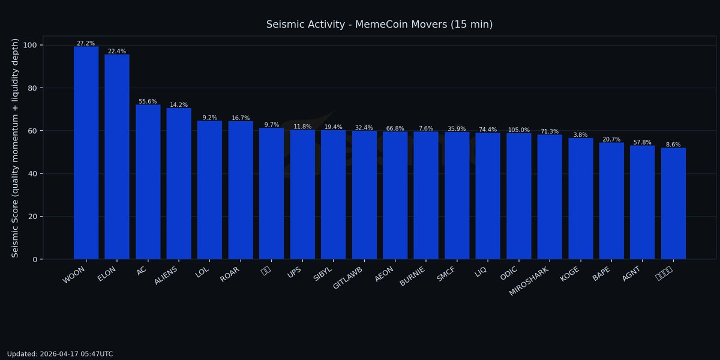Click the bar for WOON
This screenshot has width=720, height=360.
tap(86, 153)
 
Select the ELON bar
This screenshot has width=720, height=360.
tap(117, 157)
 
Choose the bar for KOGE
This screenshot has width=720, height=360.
tap(580, 199)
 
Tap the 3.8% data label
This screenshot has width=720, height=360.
tap(580, 135)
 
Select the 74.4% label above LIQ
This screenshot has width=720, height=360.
tap(488, 130)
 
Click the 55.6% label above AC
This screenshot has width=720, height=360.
tap(148, 102)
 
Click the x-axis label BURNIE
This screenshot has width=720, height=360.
tap(412, 277)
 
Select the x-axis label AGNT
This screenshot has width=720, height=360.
tap(632, 274)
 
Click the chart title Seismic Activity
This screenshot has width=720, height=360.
tap(379, 25)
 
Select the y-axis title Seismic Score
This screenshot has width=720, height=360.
tap(16, 148)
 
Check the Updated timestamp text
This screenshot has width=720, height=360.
tap(60, 354)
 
